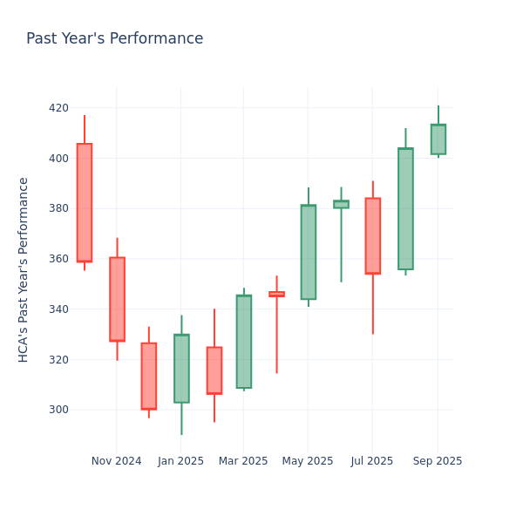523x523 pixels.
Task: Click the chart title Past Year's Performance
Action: [114, 39]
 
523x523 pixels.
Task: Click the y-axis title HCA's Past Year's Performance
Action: [24, 269]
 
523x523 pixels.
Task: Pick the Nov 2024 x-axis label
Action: [116, 461]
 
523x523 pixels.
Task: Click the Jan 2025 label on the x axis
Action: [181, 461]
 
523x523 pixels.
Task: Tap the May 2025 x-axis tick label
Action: [308, 461]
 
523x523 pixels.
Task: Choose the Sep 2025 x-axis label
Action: [438, 461]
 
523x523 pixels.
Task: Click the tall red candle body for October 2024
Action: [84, 202]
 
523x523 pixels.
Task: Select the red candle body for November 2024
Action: [117, 299]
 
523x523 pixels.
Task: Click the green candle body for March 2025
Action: [243, 342]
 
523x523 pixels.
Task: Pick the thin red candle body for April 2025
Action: [276, 295]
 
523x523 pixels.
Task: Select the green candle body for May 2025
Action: [308, 252]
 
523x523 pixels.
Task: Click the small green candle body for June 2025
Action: [341, 204]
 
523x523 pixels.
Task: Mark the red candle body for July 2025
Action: [372, 235]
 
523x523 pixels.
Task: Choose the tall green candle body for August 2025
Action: [405, 208]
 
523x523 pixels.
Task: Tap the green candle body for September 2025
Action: [438, 139]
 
